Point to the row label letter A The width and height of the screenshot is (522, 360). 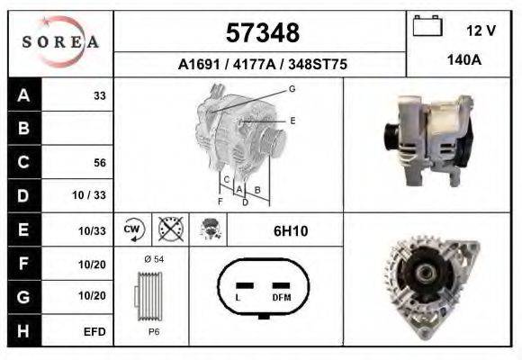pyautogui.click(x=23, y=94)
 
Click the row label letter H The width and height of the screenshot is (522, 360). pyautogui.click(x=23, y=331)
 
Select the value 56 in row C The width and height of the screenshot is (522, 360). pyautogui.click(x=100, y=163)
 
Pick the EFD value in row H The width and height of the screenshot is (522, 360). pyautogui.click(x=94, y=331)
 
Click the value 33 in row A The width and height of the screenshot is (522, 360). pyautogui.click(x=100, y=94)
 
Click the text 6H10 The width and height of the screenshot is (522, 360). pyautogui.click(x=291, y=231)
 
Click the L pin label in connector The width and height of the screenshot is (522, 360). pyautogui.click(x=238, y=297)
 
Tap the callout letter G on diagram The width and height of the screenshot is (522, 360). pyautogui.click(x=292, y=88)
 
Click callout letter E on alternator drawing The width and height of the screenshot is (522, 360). pyautogui.click(x=292, y=120)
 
